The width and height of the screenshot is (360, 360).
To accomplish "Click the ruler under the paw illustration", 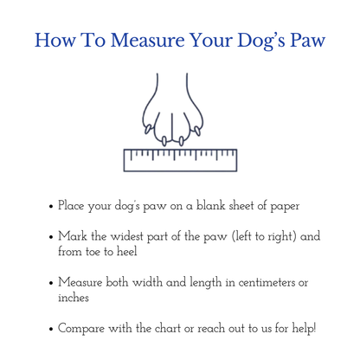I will (x=180, y=159).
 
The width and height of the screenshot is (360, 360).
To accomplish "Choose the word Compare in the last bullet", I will (x=83, y=330).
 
